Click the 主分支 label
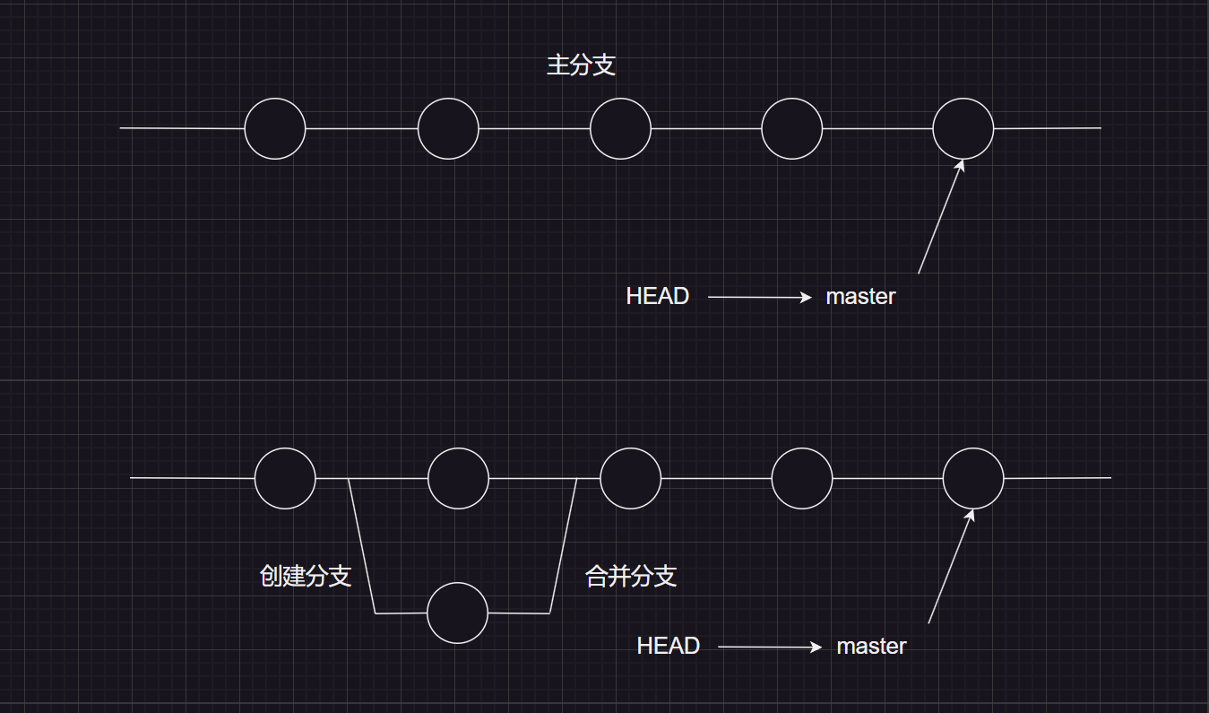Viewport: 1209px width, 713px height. click(581, 65)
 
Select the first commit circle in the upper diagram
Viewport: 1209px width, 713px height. click(275, 128)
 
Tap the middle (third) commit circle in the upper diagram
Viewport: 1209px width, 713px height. click(620, 128)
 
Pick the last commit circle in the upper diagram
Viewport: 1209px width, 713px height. click(963, 128)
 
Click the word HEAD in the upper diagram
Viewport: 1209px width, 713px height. click(657, 297)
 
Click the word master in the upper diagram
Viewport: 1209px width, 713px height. click(860, 297)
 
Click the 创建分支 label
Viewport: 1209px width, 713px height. click(306, 576)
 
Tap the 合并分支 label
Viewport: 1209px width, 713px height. click(631, 576)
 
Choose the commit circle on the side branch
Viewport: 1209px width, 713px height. click(457, 613)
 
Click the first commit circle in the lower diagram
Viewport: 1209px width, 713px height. click(285, 478)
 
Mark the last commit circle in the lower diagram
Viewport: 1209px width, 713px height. click(973, 478)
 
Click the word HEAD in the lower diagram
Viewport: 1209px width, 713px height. click(668, 646)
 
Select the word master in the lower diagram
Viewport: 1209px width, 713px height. click(871, 646)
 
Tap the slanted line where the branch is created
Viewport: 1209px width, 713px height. click(361, 545)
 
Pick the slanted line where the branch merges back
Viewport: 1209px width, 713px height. click(563, 545)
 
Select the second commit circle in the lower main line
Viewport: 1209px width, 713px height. click(458, 478)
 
